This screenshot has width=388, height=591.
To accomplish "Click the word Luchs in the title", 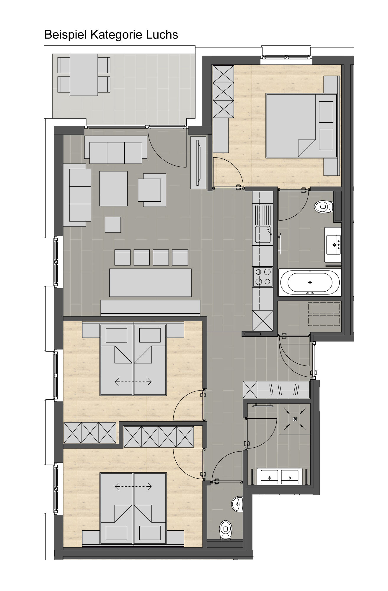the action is pyautogui.click(x=162, y=35).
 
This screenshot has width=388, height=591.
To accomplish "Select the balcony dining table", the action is pyautogui.click(x=84, y=75).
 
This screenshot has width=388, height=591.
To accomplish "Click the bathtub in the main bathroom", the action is pyautogui.click(x=310, y=282).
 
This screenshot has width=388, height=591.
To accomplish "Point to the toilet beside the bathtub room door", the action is pyautogui.click(x=324, y=206).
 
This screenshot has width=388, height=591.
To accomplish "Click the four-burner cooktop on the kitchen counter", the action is pyautogui.click(x=263, y=277).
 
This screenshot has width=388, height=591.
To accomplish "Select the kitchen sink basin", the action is pyautogui.click(x=263, y=234).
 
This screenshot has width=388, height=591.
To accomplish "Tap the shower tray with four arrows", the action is pyautogui.click(x=295, y=419).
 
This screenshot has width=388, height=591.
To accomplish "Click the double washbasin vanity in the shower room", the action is pyautogui.click(x=279, y=476).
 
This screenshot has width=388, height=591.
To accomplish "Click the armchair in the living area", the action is pyautogui.click(x=152, y=190).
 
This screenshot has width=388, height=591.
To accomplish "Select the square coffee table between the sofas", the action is pyautogui.click(x=113, y=189).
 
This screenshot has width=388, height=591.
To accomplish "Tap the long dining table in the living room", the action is pyautogui.click(x=150, y=282).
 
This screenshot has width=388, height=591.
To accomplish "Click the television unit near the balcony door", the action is pyautogui.click(x=198, y=163).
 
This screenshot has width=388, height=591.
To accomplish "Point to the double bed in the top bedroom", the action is pyautogui.click(x=301, y=126).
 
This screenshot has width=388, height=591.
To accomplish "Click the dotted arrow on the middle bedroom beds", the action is pyautogui.click(x=133, y=382).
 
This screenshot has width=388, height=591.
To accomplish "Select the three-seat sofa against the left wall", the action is pyautogui.click(x=77, y=195).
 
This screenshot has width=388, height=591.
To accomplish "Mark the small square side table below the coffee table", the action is pyautogui.click(x=113, y=225).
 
